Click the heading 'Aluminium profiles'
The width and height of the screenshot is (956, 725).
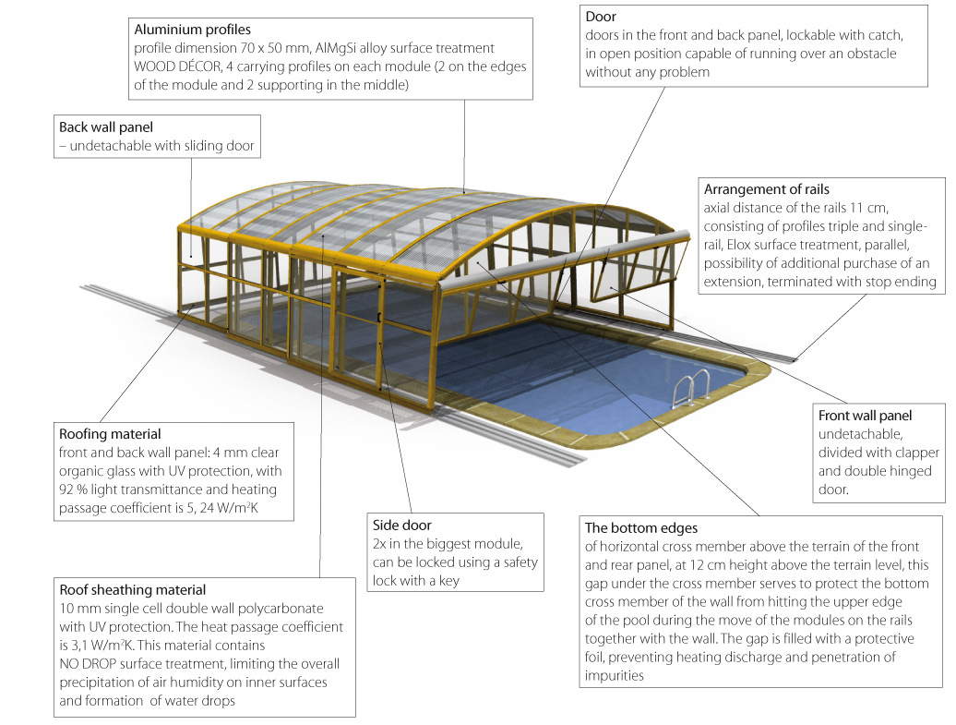(192, 30)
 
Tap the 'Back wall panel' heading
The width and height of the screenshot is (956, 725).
(105, 127)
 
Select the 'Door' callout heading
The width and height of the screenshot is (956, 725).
(601, 18)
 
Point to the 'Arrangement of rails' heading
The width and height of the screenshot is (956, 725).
(766, 189)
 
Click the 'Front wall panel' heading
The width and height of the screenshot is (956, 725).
(865, 416)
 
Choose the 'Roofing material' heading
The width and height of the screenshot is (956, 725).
(110, 434)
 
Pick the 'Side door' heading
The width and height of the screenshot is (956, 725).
(401, 526)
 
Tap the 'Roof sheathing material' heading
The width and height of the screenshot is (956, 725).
(132, 589)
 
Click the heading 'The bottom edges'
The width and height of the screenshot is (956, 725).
(641, 528)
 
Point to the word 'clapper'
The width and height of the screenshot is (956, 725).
(914, 453)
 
